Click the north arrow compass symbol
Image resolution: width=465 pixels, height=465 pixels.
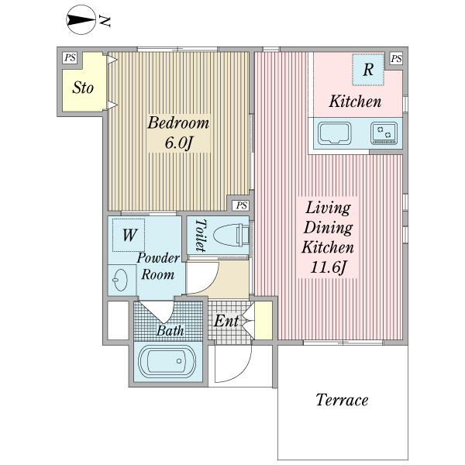pos(81,19)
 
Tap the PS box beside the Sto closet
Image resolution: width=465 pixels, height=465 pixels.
pos(70,57)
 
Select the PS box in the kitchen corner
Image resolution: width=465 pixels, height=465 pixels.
pos(396,58)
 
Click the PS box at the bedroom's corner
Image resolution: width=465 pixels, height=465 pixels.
pos(241,205)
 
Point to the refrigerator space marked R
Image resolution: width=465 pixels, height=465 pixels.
pos(368,70)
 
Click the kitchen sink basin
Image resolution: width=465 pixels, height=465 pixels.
pos(335,133)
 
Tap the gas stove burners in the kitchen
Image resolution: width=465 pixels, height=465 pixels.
pos(384,133)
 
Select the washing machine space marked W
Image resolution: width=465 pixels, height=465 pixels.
pos(129,235)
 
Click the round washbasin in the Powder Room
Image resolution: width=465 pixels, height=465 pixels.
pos(120,280)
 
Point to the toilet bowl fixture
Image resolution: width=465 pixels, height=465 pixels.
pos(231,236)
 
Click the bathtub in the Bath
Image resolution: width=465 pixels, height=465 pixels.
pos(167,361)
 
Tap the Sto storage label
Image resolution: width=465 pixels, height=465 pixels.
pos(83,88)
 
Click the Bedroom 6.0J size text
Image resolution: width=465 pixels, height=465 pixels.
pos(178,143)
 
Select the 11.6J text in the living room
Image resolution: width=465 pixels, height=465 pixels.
pos(328,268)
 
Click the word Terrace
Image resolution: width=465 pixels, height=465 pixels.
pos(342,400)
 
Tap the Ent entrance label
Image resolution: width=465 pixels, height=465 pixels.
pos(226,321)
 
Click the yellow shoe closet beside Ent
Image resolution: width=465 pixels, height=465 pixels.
pos(263,320)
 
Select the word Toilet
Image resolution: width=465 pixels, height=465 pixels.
pos(201,236)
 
